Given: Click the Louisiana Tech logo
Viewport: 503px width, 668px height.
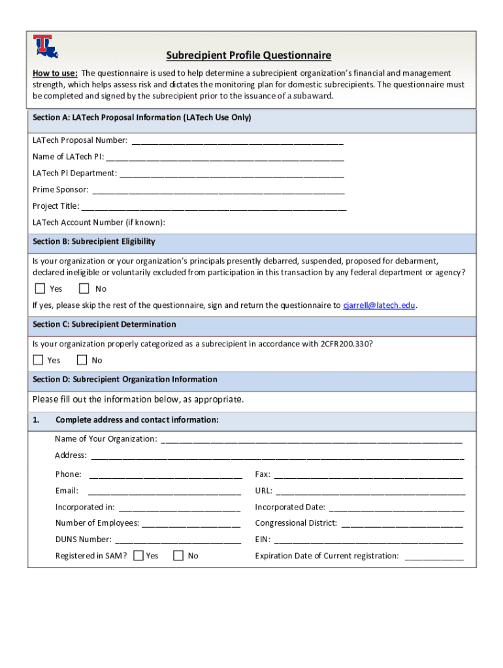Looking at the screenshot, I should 45,46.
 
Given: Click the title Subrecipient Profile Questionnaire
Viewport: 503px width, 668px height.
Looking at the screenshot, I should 248,55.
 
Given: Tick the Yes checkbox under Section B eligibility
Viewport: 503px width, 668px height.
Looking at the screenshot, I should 40,288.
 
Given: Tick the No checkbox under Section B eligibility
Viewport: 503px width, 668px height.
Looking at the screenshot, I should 84,288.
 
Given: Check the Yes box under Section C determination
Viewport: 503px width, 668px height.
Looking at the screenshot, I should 38,360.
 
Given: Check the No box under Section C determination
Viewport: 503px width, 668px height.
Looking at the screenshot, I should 82,360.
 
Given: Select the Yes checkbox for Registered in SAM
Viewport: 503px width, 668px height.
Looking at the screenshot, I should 138,556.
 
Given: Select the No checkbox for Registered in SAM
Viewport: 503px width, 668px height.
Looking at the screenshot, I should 178,556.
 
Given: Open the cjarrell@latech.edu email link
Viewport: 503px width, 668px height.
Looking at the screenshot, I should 379,305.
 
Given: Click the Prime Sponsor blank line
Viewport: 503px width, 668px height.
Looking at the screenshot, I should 218,190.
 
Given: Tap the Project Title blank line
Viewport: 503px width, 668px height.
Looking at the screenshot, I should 214,207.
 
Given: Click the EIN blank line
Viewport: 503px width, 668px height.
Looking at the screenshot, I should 368,540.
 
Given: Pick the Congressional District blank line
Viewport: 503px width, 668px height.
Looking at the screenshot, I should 402,523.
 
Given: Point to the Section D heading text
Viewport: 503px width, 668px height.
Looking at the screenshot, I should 125,380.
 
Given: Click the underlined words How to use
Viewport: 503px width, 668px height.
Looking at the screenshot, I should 56,73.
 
